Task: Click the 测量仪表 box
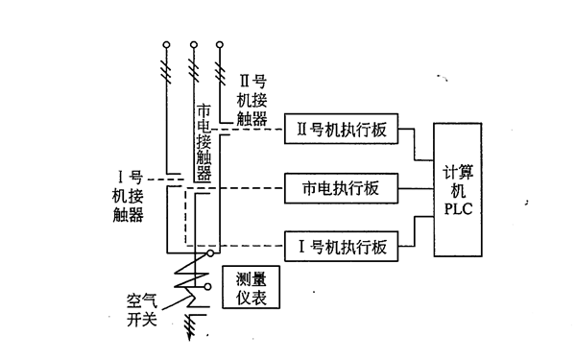pyautogui.click(x=252, y=287)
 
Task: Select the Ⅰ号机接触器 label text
pyautogui.click(x=128, y=196)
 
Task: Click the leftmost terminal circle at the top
pyautogui.click(x=167, y=44)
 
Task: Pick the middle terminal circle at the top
pyautogui.click(x=194, y=44)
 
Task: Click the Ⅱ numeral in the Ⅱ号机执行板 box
pyautogui.click(x=302, y=132)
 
